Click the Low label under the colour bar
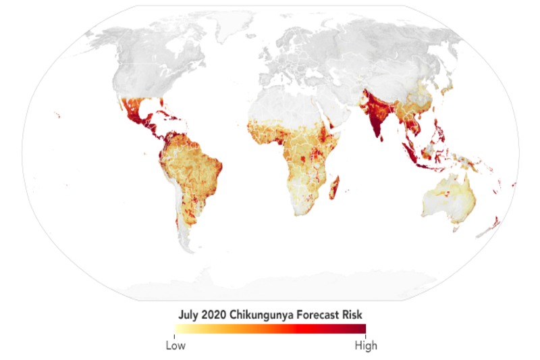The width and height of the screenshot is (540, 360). pos(175,346)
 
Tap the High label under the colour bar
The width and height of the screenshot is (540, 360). pos(365,346)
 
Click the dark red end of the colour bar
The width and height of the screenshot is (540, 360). pos(361,329)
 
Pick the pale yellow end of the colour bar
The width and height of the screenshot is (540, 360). pos(178,329)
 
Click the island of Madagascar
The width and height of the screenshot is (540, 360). pos(334,186)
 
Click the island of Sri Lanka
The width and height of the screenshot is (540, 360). pos(382,138)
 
